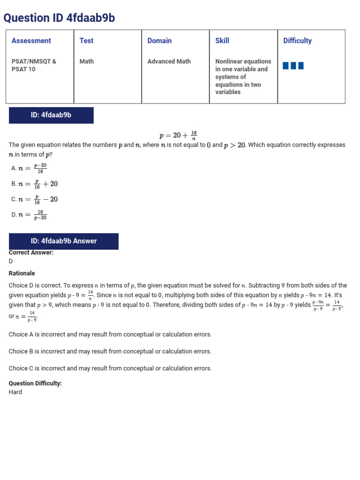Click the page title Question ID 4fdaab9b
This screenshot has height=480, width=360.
[x=59, y=18]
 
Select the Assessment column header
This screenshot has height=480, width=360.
[x=31, y=41]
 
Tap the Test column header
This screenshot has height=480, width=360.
[x=86, y=41]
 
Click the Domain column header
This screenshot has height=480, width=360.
[x=159, y=41]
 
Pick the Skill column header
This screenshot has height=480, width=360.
[x=222, y=41]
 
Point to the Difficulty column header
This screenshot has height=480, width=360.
[x=297, y=41]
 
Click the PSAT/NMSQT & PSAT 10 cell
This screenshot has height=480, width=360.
[x=34, y=65]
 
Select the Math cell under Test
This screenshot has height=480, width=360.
[x=86, y=61]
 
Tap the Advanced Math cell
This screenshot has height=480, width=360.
[x=169, y=61]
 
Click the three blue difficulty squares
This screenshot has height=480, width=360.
[x=293, y=66]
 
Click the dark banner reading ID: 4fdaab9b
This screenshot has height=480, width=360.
[x=51, y=115]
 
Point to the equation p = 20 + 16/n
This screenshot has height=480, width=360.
[x=178, y=135]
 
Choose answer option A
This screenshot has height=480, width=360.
[x=29, y=168]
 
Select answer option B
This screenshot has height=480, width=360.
[x=34, y=184]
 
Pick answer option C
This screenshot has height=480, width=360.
[x=34, y=199]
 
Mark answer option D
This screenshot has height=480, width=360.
[x=29, y=215]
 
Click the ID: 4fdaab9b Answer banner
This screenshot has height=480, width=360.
[x=64, y=241]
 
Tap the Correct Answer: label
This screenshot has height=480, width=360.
[x=31, y=253]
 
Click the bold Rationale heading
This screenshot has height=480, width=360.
[x=22, y=273]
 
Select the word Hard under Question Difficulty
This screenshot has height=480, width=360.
[x=15, y=392]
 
